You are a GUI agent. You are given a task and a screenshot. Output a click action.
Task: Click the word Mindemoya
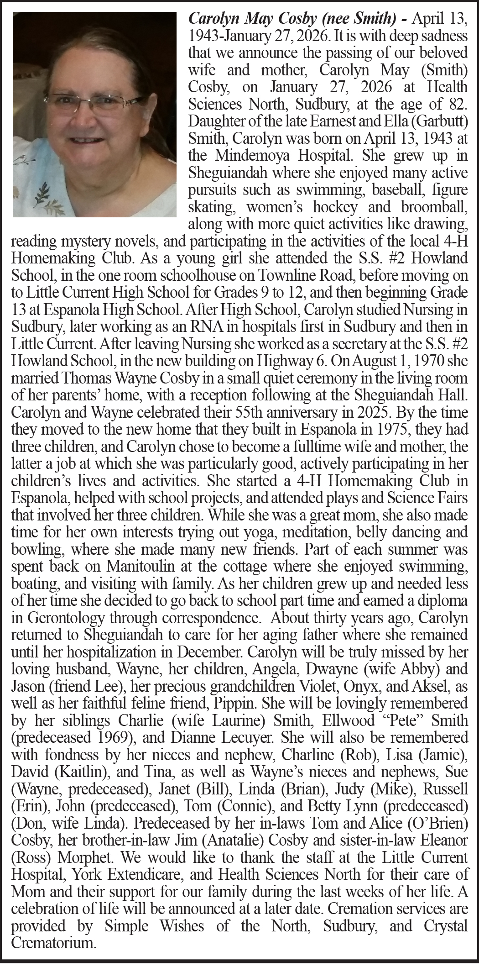tap(253, 156)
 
